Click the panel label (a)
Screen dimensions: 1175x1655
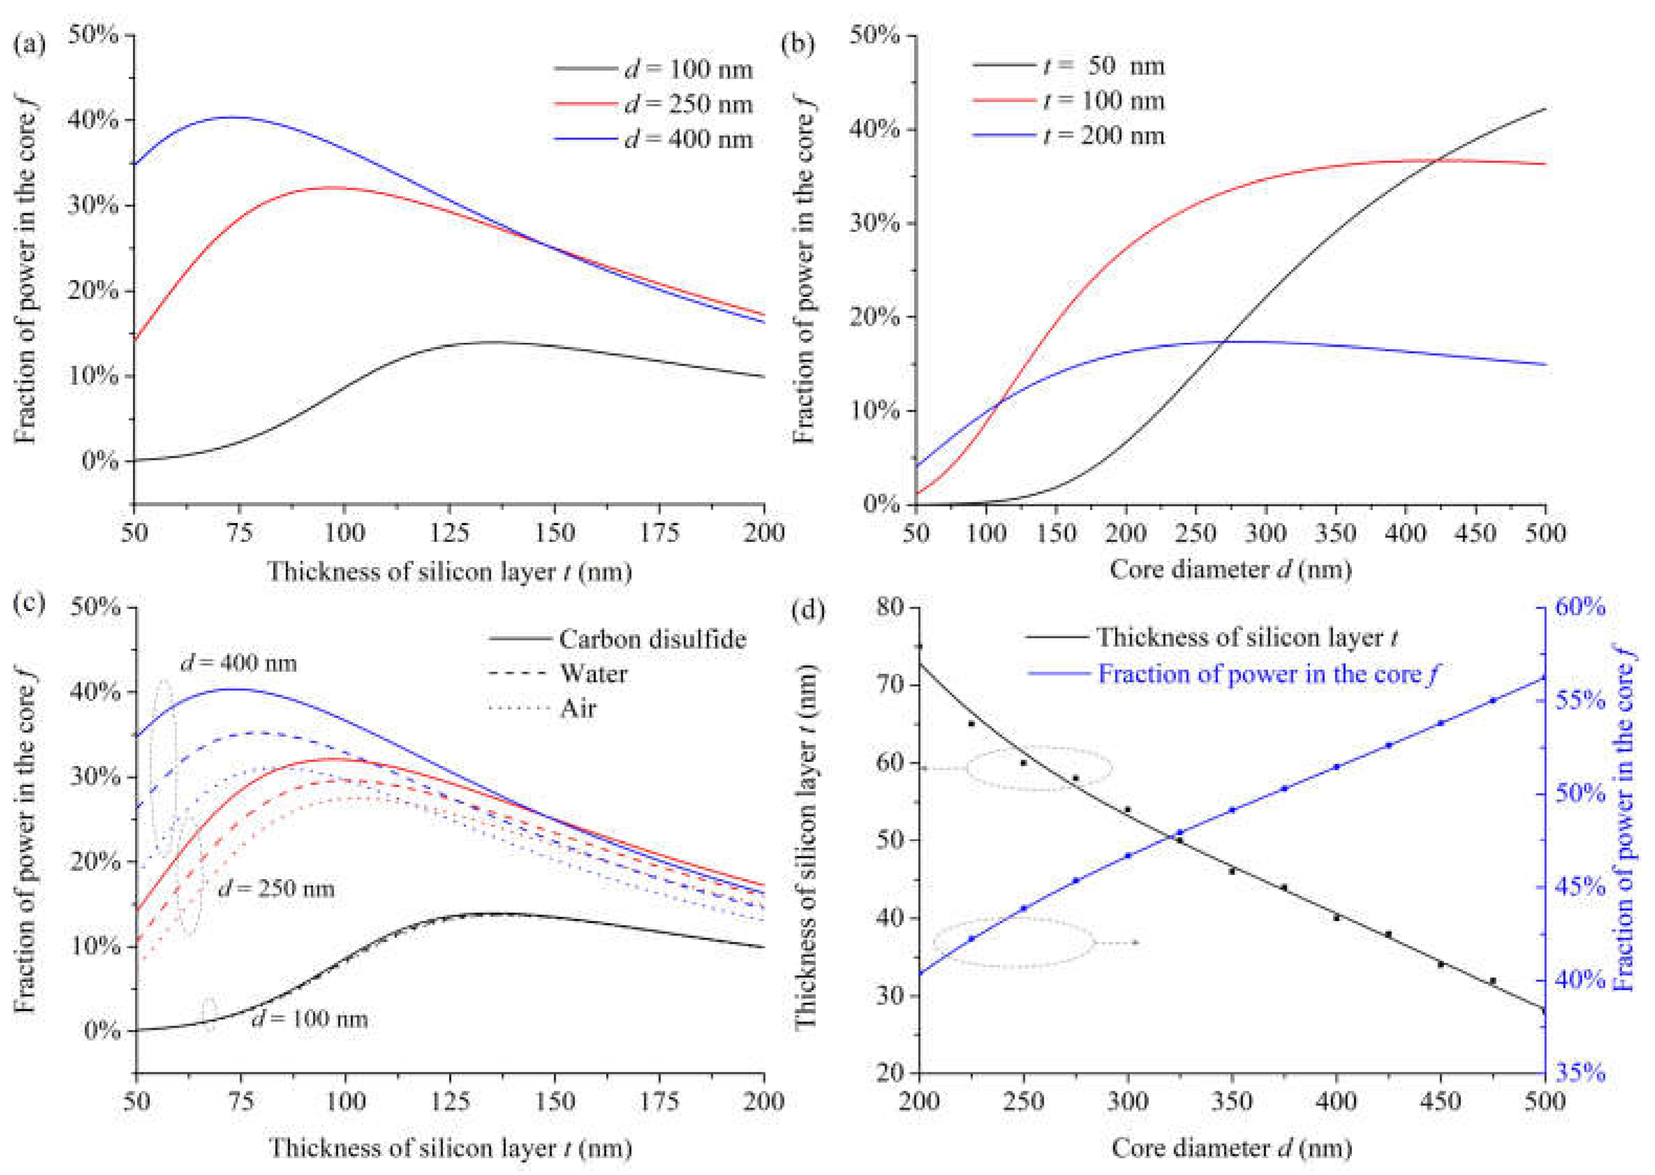click(x=29, y=46)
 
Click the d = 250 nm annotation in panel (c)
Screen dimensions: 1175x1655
click(x=276, y=888)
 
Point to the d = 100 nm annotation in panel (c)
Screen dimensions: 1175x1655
click(x=309, y=1019)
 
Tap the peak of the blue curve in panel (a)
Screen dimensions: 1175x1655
click(x=233, y=117)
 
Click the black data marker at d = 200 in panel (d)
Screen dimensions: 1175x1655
click(x=919, y=646)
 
